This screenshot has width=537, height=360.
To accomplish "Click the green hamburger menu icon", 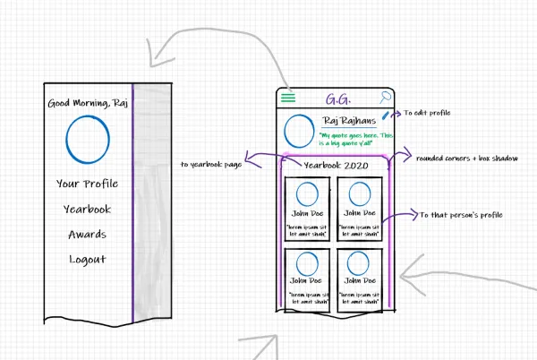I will pos(288,98).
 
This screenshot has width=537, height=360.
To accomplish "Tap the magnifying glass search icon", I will pos(386,98).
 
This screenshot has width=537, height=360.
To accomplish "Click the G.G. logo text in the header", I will pos(337,99).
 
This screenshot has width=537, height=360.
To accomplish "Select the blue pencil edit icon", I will pos(386,116).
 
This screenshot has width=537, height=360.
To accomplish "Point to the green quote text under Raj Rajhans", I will pos(355,139).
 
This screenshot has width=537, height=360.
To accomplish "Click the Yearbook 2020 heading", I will pos(337,166).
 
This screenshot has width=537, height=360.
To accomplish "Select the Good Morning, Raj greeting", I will pos(87,104).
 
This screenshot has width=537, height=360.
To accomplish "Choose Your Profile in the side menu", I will pos(87,184).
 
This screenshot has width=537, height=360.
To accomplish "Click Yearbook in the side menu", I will pos(87,209).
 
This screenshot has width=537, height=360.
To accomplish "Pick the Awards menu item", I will pos(88,235).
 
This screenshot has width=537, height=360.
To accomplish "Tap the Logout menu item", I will pos(88,260).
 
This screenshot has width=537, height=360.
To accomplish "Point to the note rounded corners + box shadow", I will pos(466,159).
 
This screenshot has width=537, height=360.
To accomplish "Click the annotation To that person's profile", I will pos(461,215).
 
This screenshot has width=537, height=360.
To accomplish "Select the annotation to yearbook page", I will pos(211,165).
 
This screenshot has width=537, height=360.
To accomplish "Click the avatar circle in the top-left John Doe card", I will pos(307,193).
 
